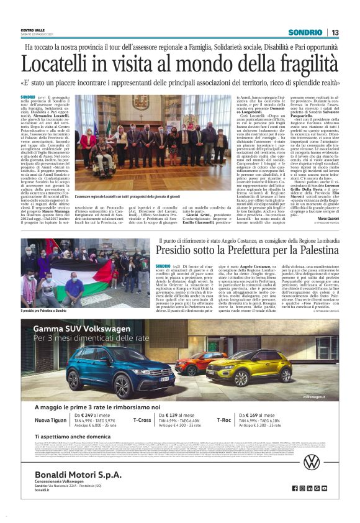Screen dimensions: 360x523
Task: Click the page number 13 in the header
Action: tap(335, 32)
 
